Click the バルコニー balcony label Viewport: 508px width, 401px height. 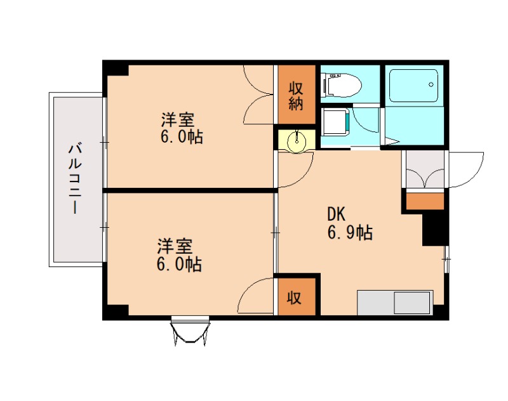click(75, 180)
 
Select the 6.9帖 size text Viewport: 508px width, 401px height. click(350, 233)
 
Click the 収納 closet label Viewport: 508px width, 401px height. click(296, 95)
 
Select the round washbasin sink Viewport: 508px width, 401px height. click(297, 140)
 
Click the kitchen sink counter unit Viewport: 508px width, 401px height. click(395, 302)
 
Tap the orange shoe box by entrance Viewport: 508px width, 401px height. click(425, 201)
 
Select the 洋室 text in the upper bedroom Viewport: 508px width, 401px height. click(177, 119)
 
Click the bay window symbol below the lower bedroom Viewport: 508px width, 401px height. click(190, 330)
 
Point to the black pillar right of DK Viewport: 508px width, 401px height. click(436, 228)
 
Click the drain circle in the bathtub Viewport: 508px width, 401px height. click(432, 83)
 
